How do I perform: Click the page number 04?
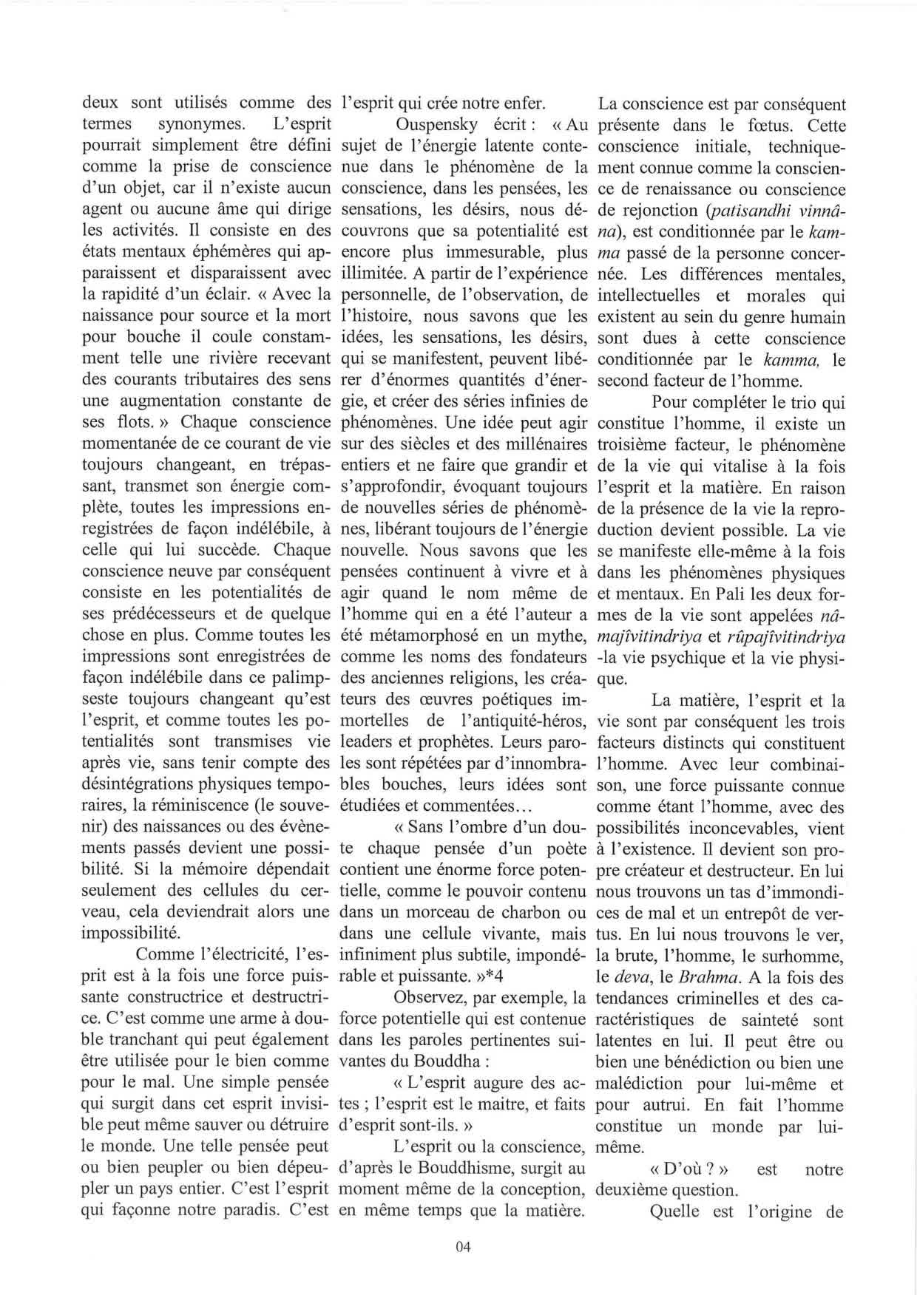pos(464,1247)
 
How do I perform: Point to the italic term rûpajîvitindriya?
pos(774,636)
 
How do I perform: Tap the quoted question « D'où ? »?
pos(690,1169)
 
